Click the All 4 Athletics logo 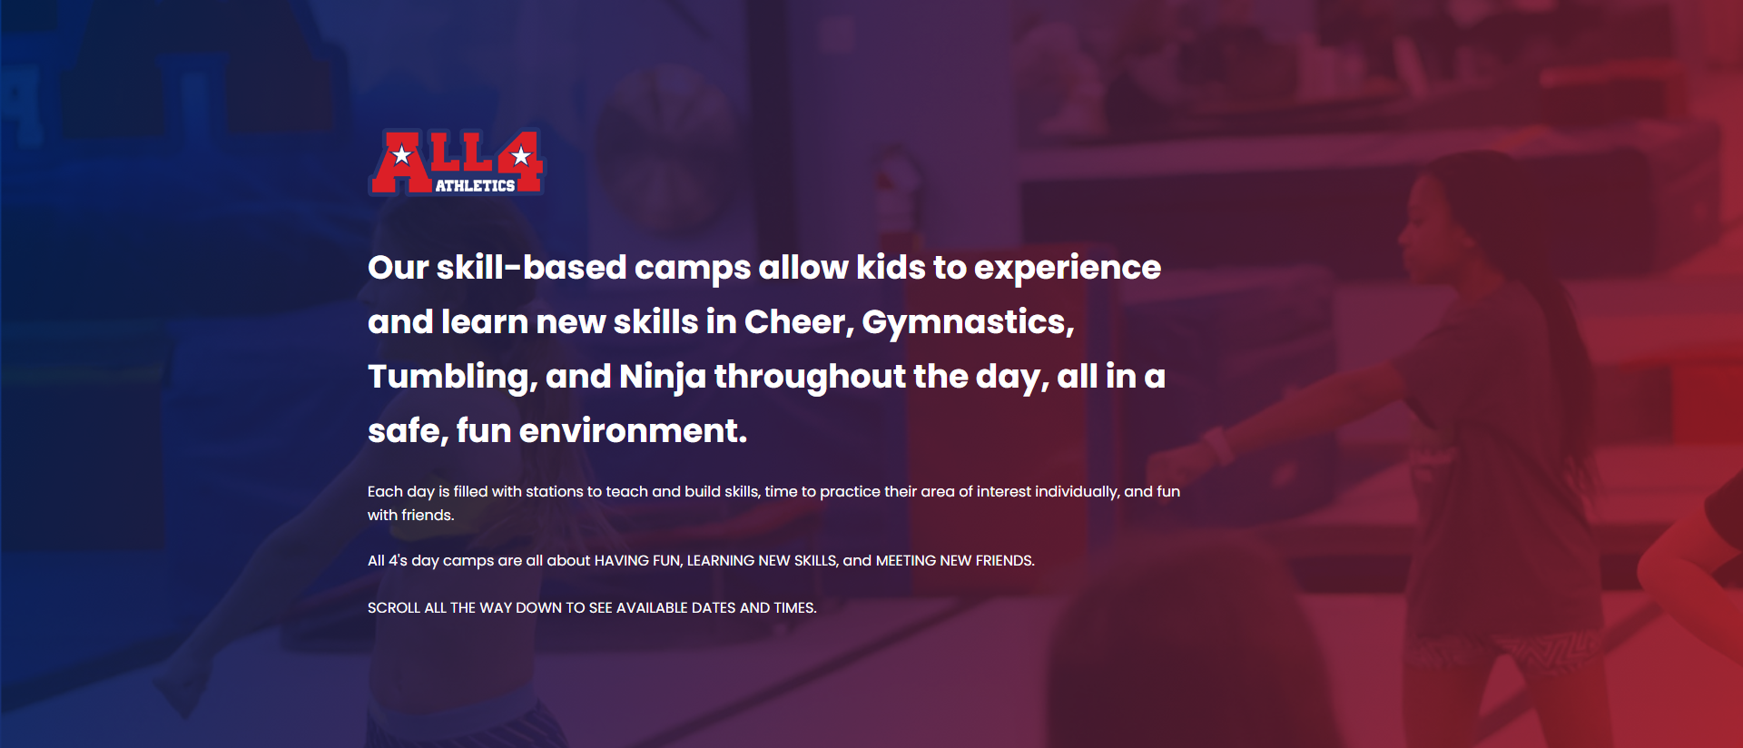(456, 162)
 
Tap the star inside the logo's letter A (401, 154)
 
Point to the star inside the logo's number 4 (521, 156)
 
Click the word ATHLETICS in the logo (475, 185)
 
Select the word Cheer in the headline (799, 322)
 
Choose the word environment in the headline (633, 431)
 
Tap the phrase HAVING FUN (637, 561)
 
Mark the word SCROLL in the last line (394, 608)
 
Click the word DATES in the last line (714, 608)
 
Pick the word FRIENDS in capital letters (1005, 561)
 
